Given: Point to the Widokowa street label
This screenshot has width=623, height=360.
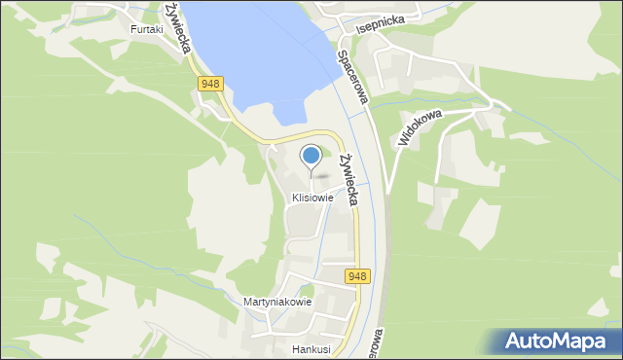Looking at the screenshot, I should tap(420, 127).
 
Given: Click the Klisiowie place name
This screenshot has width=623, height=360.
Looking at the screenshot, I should tap(311, 198).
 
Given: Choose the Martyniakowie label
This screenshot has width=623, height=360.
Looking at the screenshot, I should tap(277, 302).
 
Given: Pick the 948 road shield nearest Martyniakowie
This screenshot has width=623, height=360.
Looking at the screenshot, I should tap(357, 277).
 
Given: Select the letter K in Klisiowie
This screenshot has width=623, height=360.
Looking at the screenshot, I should tap(294, 198).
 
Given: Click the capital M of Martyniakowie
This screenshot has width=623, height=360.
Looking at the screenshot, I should tap(248, 302).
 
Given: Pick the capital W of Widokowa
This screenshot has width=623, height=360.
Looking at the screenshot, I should tap(403, 142).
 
